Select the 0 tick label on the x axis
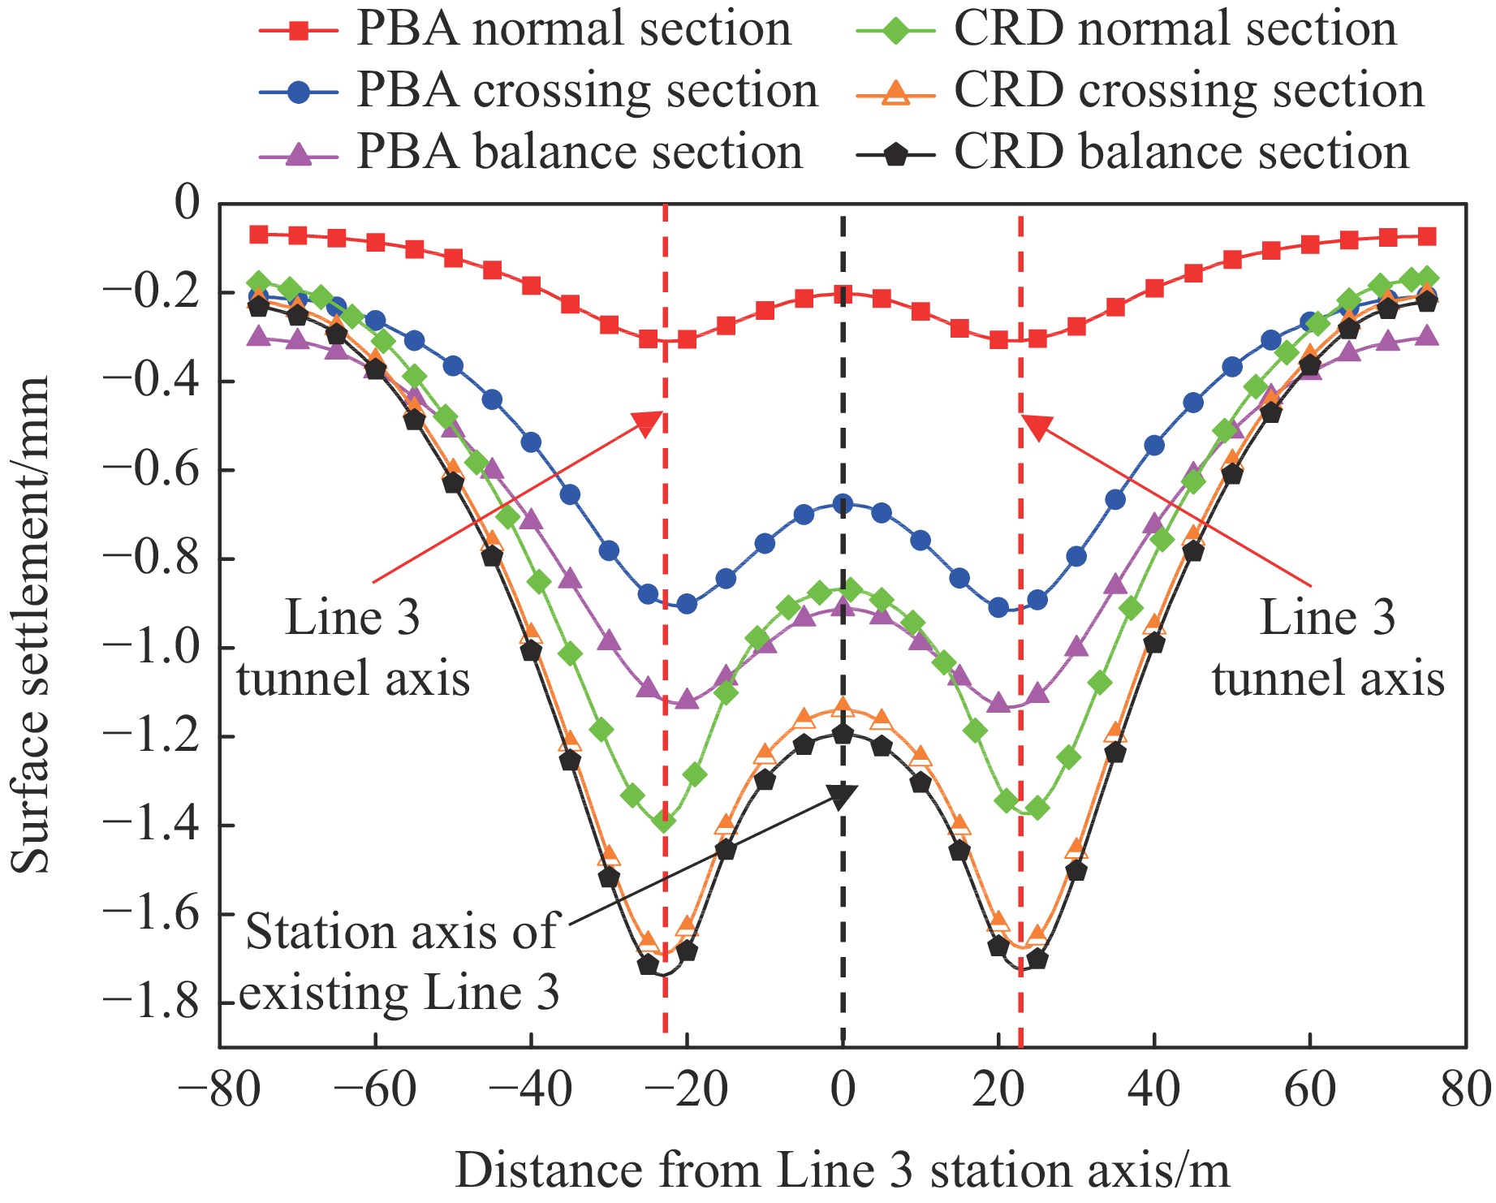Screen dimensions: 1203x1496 pyautogui.click(x=843, y=1089)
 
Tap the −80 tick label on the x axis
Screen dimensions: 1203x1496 pyautogui.click(x=219, y=1089)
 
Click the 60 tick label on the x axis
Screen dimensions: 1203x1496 pyautogui.click(x=1309, y=1089)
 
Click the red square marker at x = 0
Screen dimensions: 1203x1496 pyautogui.click(x=843, y=294)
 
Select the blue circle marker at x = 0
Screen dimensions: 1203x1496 pyautogui.click(x=843, y=504)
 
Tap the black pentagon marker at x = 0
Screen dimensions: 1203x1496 pyautogui.click(x=843, y=734)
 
